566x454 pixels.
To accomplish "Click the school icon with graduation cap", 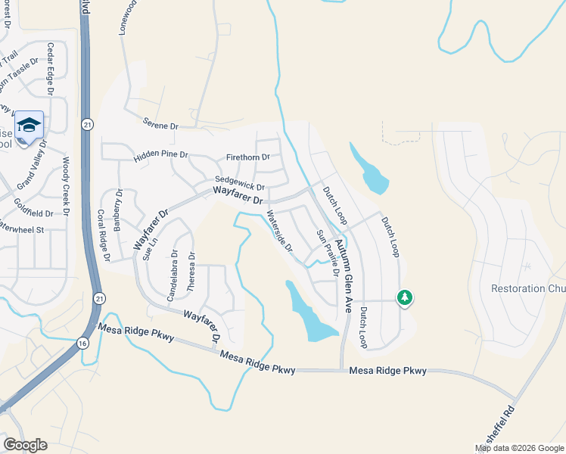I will pos(29,125).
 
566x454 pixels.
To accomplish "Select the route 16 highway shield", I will pos(82,343).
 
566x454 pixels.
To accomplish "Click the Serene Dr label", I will pos(160,124).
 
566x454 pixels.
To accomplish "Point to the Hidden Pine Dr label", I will pos(160,157).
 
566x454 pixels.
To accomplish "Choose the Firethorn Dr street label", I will pos(247,157).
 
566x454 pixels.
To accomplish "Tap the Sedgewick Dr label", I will pos(239,185).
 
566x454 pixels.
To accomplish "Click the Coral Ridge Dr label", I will pos(103,235).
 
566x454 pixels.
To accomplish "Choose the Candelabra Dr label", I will pos(173,270).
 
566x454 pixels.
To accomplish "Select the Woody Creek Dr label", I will pos(66,185).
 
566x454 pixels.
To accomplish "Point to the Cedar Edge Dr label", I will pos(51,70).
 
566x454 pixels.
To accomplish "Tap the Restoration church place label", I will pos(528,288).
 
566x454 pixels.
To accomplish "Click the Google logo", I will pos(26,445).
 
